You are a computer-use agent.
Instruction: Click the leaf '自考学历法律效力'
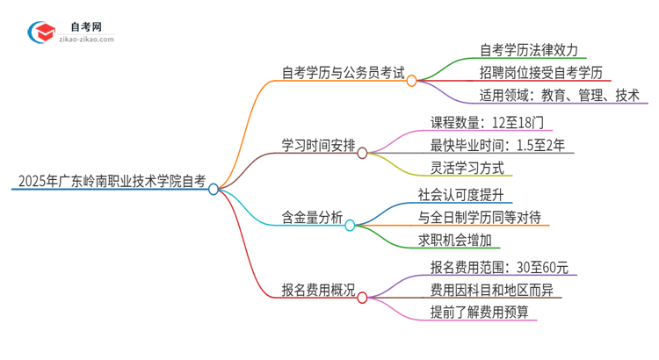coord(529,49)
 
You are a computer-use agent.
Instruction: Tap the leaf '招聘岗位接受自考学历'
coord(541,72)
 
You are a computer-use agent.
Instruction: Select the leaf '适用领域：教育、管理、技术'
coord(559,95)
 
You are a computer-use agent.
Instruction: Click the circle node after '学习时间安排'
coord(362,153)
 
